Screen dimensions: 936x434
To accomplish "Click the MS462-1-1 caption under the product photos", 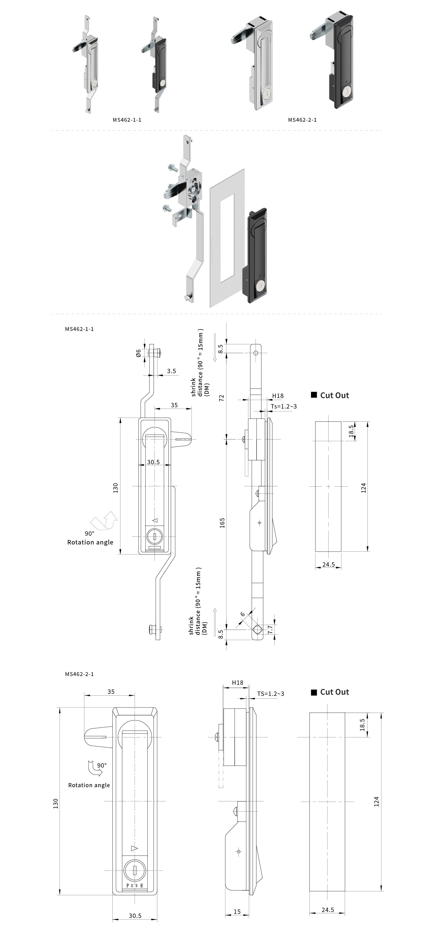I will click(x=127, y=120).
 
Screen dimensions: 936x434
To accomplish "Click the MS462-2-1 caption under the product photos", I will click(x=302, y=120).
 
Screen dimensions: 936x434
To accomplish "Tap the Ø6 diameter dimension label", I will click(x=138, y=353).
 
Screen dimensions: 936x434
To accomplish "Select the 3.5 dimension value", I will click(x=171, y=371).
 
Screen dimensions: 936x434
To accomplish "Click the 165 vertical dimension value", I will click(x=222, y=523).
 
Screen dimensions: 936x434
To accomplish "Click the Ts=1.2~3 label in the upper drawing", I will click(x=284, y=406).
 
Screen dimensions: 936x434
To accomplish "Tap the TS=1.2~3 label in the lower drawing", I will click(x=271, y=694).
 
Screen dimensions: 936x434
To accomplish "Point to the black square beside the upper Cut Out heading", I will click(x=314, y=395).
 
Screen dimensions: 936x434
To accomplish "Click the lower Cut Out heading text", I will click(x=334, y=692).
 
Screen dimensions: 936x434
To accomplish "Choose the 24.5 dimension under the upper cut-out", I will click(x=328, y=565).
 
